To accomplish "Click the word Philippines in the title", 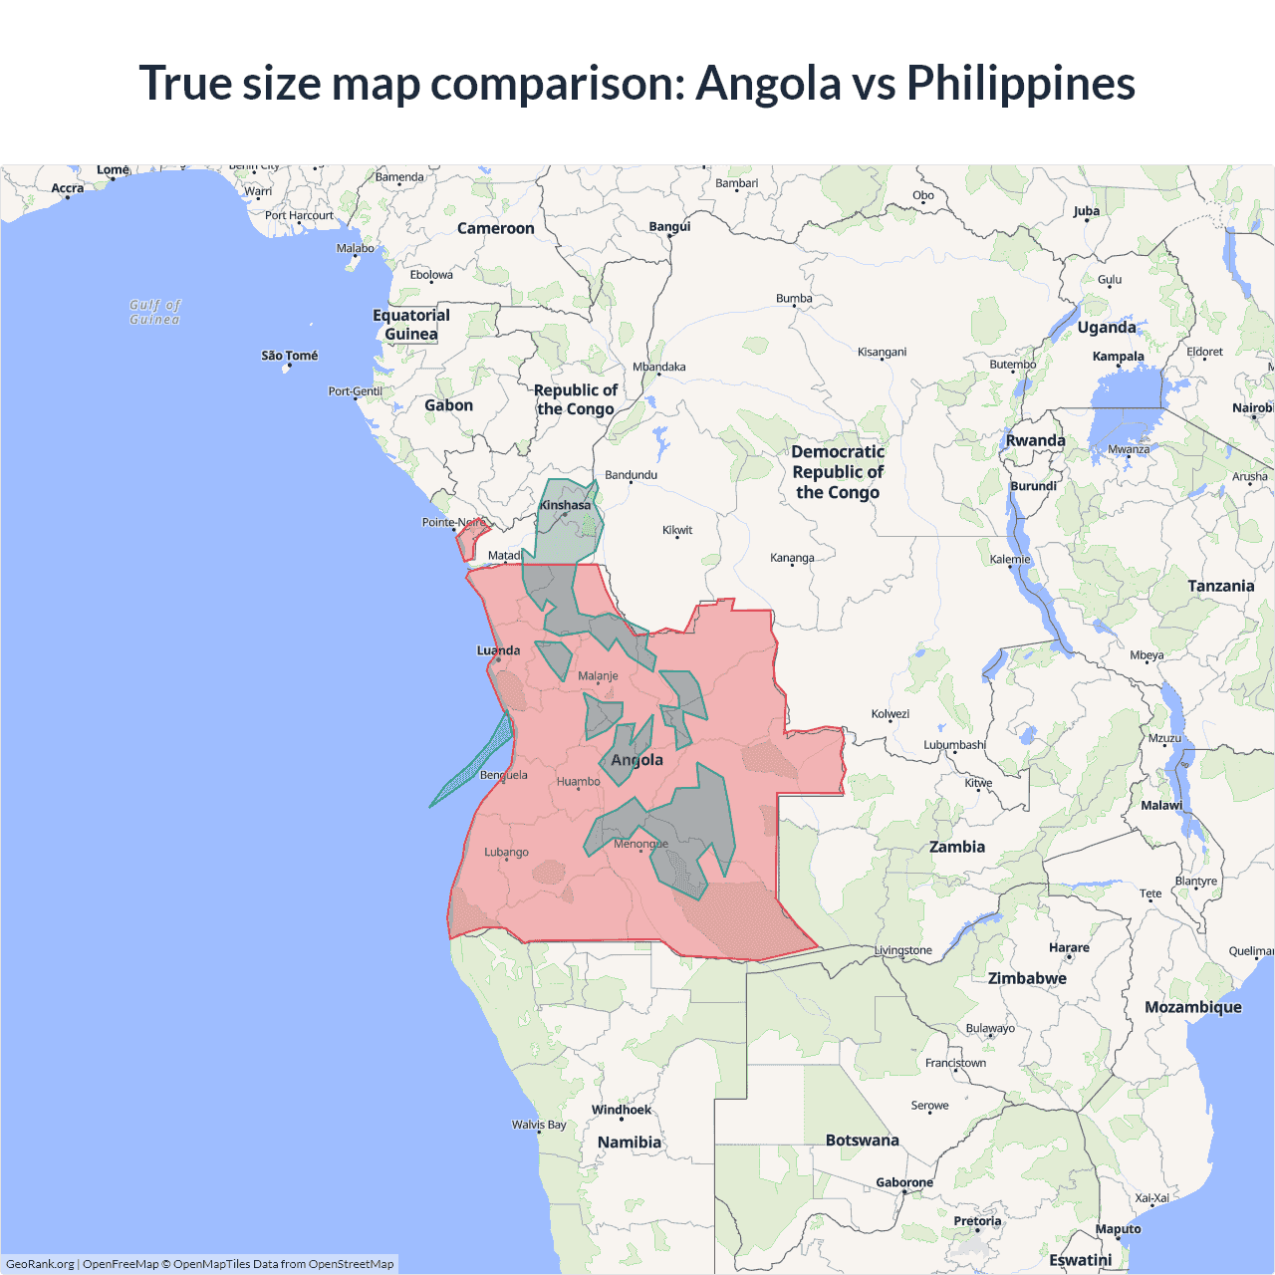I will pyautogui.click(x=1020, y=83).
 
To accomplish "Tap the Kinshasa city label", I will pyautogui.click(x=565, y=505).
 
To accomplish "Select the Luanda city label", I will pyautogui.click(x=498, y=650).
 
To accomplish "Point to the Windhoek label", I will pyautogui.click(x=622, y=1110).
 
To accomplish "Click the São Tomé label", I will pyautogui.click(x=290, y=356).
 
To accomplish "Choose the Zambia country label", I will pyautogui.click(x=957, y=847).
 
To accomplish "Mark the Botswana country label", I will pyautogui.click(x=862, y=1140).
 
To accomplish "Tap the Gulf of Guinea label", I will pyautogui.click(x=155, y=312).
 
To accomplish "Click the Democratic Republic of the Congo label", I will pyautogui.click(x=838, y=472).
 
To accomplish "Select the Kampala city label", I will pyautogui.click(x=1118, y=357).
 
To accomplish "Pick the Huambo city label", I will pyautogui.click(x=579, y=781).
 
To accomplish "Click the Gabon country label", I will pyautogui.click(x=448, y=405).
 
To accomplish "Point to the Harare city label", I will pyautogui.click(x=1069, y=947).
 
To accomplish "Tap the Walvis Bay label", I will pyautogui.click(x=539, y=1125).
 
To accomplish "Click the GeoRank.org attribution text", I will pyautogui.click(x=40, y=1264).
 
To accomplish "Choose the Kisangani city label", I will pyautogui.click(x=882, y=352).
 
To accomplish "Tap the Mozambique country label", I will pyautogui.click(x=1193, y=1007).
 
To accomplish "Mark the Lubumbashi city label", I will pyautogui.click(x=954, y=744).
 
